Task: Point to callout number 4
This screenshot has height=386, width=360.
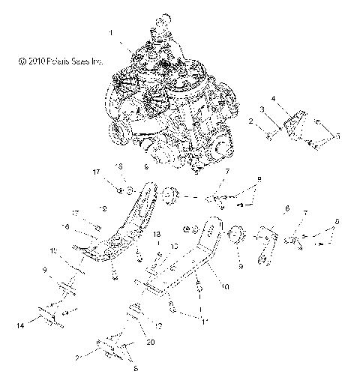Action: point(294,98)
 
